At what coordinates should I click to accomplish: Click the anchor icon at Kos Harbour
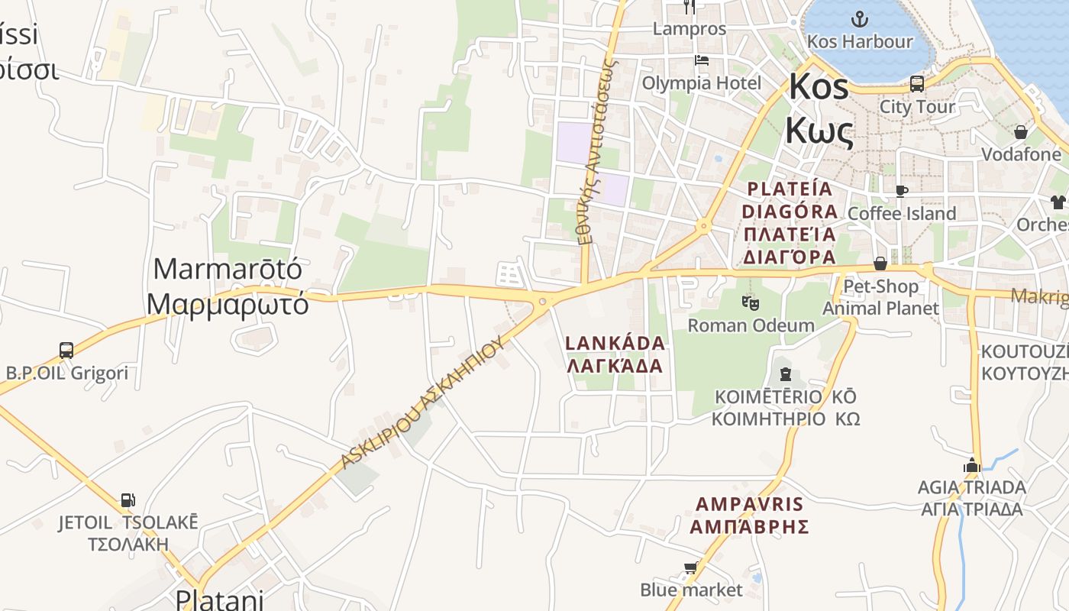pos(860,18)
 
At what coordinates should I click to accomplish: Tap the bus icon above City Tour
pos(917,84)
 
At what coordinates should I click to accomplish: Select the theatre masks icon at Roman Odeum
pos(751,303)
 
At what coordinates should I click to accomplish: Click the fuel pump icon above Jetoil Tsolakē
pos(128,501)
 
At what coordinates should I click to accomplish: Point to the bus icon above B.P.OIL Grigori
pos(66,351)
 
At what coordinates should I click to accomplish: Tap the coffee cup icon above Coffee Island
pos(902,191)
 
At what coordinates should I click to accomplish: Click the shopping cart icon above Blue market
pos(691,568)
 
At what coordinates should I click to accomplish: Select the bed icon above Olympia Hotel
pos(702,60)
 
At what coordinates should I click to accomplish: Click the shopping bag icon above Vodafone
pos(1021,132)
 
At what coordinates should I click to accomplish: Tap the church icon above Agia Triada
pos(971,464)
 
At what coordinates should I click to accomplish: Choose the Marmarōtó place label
pos(228,286)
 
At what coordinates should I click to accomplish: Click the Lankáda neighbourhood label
pos(615,354)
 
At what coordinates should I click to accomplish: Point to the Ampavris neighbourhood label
pos(749,515)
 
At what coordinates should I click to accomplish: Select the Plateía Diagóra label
pos(790,221)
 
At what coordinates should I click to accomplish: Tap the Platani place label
pos(219,598)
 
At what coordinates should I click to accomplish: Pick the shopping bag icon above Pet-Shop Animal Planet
pos(880,263)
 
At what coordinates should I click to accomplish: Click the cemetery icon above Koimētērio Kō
pos(785,374)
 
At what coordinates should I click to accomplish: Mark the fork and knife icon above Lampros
pos(690,7)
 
